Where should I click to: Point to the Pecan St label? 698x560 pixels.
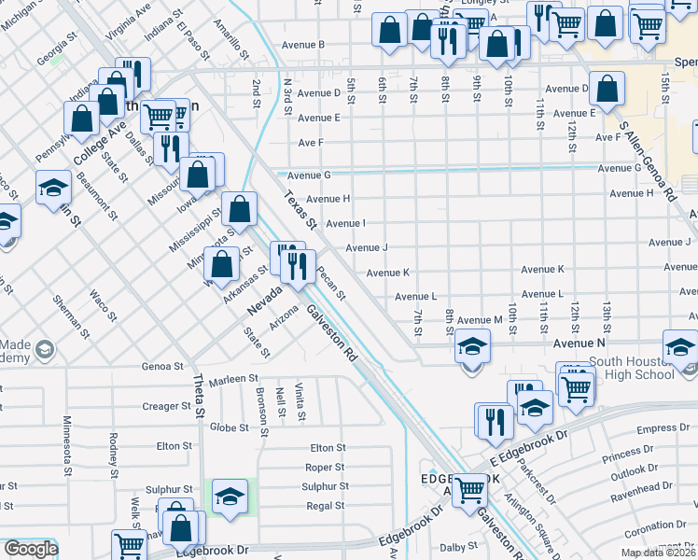coord(331,284)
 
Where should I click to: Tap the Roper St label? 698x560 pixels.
coord(325,468)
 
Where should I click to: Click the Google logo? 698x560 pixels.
coord(30,549)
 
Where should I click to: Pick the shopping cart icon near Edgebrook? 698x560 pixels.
coord(469,489)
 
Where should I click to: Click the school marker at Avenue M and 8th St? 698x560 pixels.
coord(473,348)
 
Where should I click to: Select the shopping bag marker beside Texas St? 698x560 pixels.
coord(240,210)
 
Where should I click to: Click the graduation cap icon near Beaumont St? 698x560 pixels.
coord(53,187)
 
